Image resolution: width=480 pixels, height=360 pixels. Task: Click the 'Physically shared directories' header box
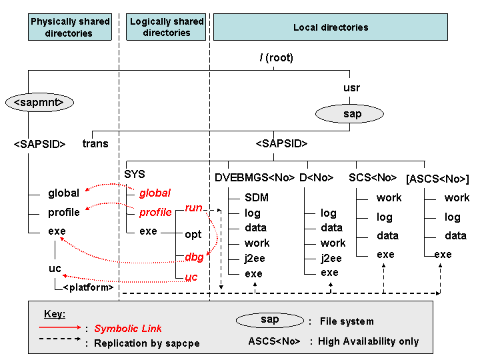(70, 27)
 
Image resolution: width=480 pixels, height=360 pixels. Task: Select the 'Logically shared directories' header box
(166, 27)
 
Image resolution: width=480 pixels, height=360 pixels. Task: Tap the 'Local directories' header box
(331, 27)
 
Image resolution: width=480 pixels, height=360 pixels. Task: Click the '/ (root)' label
(277, 57)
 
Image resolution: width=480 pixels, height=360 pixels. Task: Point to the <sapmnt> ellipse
(39, 102)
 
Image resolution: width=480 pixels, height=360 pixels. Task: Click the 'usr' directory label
(351, 88)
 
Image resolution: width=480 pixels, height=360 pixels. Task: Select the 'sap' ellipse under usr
(349, 114)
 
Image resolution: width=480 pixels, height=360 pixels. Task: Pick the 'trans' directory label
(95, 143)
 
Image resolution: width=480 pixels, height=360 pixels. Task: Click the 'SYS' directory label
(135, 174)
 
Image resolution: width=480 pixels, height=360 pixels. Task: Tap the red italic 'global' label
(155, 193)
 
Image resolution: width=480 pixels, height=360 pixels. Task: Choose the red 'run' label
(193, 207)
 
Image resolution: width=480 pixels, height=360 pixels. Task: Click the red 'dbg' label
(194, 257)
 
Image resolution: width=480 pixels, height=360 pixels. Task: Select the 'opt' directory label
(193, 235)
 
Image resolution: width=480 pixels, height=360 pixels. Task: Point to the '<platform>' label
(88, 287)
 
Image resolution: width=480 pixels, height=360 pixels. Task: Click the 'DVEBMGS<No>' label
(255, 177)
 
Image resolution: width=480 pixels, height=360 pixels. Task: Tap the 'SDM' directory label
(257, 197)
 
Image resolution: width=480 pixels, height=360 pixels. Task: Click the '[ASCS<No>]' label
(437, 179)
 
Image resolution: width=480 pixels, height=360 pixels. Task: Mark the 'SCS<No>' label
(373, 177)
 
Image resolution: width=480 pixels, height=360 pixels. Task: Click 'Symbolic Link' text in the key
(127, 329)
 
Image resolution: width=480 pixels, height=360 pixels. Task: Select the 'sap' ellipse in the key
(270, 320)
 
